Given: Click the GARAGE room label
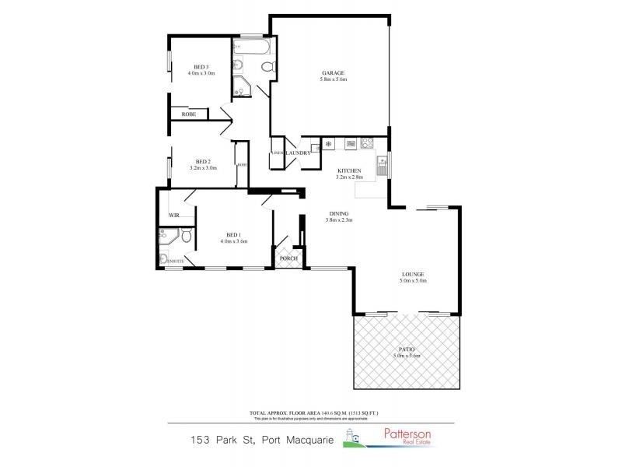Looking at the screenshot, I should pos(332,72).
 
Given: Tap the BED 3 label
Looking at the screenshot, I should pos(201,67).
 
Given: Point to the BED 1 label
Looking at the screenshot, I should pos(233,234).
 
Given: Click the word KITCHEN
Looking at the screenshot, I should pos(348,170).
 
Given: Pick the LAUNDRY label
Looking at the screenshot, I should pos(298,153).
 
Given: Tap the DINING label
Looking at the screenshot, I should pos(338,213).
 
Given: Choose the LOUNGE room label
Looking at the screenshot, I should pos(412,274).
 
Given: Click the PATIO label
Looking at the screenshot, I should pos(407,349).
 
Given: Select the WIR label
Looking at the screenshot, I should pos(174,216).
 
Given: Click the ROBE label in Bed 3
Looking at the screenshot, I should pos(188,114).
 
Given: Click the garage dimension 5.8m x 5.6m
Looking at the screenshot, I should pos(333,79).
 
